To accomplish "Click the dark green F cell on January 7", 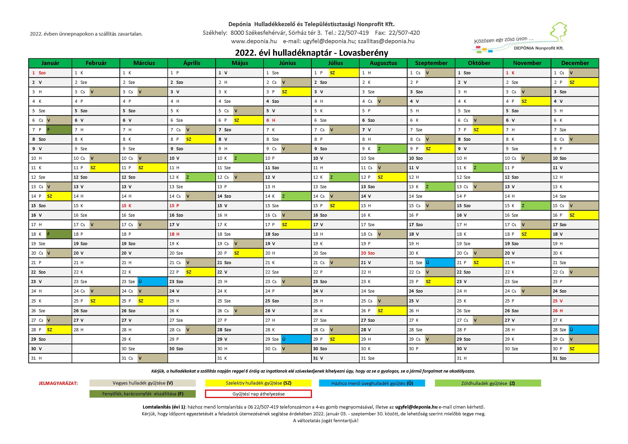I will tap(59, 130).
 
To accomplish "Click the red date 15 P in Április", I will tap(174, 206).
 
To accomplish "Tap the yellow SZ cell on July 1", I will tap(344, 73).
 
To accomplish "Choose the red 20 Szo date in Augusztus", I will tap(368, 253).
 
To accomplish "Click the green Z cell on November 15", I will tap(535, 206).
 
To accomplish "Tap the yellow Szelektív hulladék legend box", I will tap(258, 383).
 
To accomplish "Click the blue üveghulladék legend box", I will tap(372, 383).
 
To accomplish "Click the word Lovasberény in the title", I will tap(364, 53).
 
